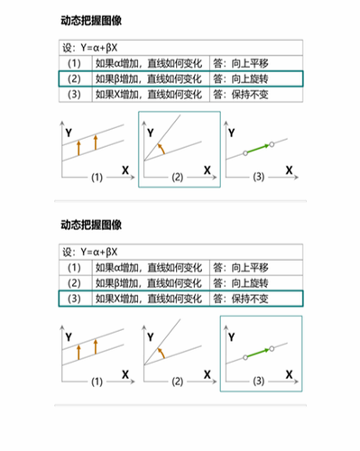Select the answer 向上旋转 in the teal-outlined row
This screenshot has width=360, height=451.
(x=241, y=79)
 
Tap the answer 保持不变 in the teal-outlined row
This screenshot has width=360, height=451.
(x=241, y=299)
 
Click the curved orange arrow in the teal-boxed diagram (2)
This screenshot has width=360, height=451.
(x=162, y=147)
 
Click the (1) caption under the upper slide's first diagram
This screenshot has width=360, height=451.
(x=97, y=178)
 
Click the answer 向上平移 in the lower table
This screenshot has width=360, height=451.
(x=241, y=268)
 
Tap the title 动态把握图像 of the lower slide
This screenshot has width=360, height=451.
(x=91, y=223)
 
